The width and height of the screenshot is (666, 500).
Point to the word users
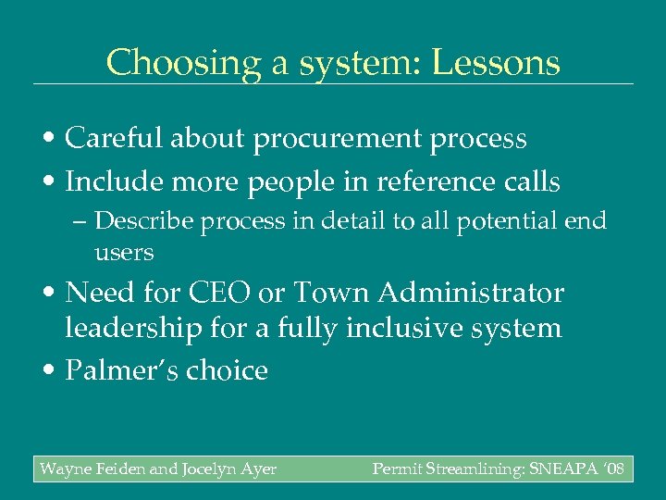tap(124, 252)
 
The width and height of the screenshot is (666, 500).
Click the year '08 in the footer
tap(614, 469)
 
